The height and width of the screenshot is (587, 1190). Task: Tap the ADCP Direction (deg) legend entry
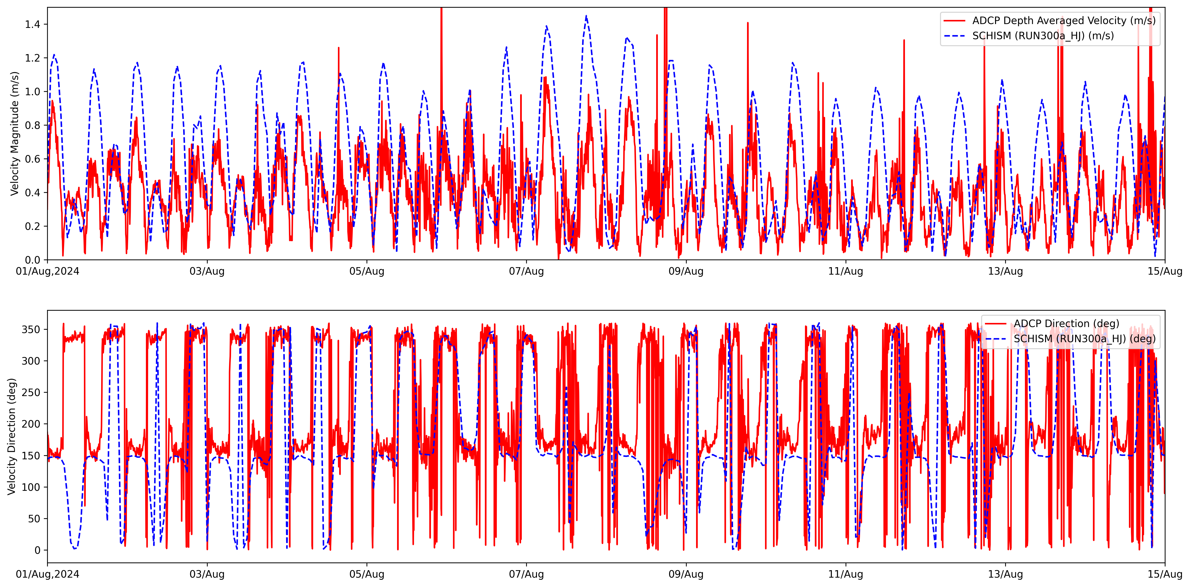click(x=1066, y=323)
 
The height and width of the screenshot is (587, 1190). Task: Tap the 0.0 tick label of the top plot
click(x=32, y=260)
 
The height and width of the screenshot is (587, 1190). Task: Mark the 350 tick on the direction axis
click(x=31, y=329)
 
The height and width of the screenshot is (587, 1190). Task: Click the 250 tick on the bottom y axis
click(x=31, y=392)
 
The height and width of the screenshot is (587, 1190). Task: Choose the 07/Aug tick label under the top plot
click(x=526, y=271)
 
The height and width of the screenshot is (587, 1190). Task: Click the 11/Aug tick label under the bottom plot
click(x=845, y=574)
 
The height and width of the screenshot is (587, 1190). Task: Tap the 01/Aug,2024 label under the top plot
click(x=48, y=271)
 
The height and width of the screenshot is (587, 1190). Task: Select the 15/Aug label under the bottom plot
click(x=1164, y=574)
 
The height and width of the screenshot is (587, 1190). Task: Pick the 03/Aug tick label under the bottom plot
click(x=207, y=574)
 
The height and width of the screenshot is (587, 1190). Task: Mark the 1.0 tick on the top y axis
click(x=32, y=92)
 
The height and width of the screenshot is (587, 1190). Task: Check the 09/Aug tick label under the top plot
click(x=686, y=271)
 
